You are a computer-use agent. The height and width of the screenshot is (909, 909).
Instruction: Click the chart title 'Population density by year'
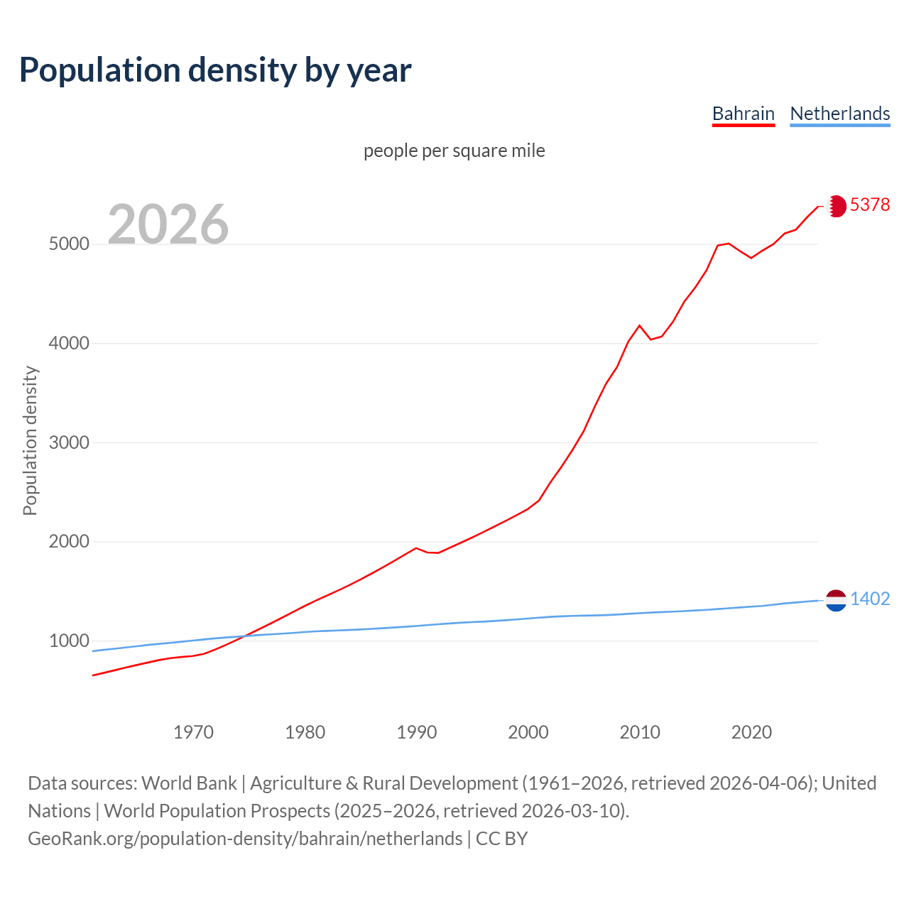tap(215, 70)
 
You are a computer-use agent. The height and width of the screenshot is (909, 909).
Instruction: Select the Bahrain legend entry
tap(743, 114)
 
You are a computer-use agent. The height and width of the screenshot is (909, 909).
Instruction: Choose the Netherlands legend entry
tap(839, 114)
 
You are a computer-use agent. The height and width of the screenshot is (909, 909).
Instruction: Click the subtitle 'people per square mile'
tap(454, 151)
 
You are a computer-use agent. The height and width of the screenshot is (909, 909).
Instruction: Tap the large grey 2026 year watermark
tap(168, 224)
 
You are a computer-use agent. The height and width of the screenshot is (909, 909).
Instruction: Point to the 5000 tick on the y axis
tap(69, 244)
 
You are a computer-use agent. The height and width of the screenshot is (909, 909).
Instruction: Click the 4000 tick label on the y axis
tap(69, 344)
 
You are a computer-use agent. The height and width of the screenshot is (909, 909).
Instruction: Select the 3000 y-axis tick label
tap(69, 442)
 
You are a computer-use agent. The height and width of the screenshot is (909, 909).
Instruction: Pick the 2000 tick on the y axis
tap(69, 542)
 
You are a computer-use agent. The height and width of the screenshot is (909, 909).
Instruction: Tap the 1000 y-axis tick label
tap(69, 641)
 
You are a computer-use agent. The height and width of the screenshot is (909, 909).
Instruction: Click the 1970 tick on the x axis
tap(193, 732)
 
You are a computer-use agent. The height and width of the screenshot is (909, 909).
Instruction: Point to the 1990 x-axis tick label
tap(417, 732)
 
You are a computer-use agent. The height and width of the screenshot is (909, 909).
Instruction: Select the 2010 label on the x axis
tap(640, 732)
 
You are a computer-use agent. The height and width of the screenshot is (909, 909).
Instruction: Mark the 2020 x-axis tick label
tap(751, 732)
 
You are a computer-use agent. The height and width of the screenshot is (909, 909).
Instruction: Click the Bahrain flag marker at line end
tap(836, 206)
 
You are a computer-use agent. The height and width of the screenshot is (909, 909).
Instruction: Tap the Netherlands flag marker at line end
tap(836, 600)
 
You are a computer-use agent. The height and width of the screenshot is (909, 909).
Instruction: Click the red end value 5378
tap(870, 205)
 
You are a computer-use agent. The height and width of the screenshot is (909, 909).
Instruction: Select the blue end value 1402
tap(870, 599)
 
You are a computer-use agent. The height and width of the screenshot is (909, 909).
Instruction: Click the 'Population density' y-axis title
tap(30, 440)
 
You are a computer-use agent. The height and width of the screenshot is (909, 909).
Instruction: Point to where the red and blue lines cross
tap(244, 636)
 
